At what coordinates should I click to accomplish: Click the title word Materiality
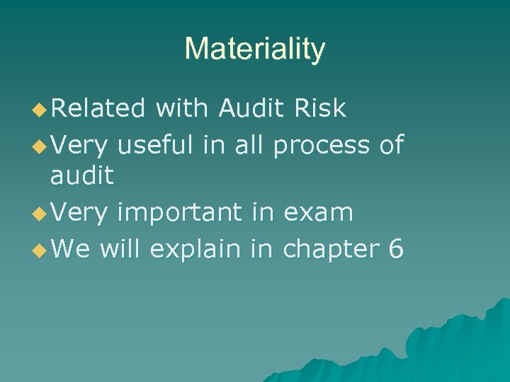click(x=255, y=49)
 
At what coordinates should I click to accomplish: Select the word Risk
click(x=321, y=108)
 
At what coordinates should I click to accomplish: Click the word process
click(x=321, y=145)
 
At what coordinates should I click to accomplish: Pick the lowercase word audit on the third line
click(x=81, y=175)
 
